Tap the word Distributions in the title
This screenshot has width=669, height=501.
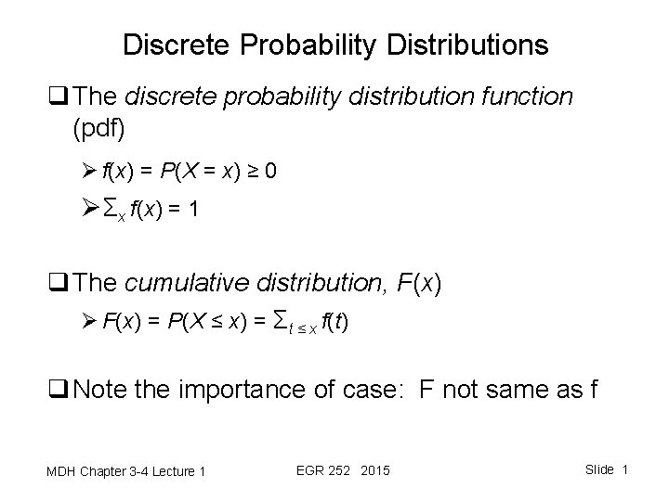pos(464,45)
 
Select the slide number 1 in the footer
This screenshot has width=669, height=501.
pos(625,469)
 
